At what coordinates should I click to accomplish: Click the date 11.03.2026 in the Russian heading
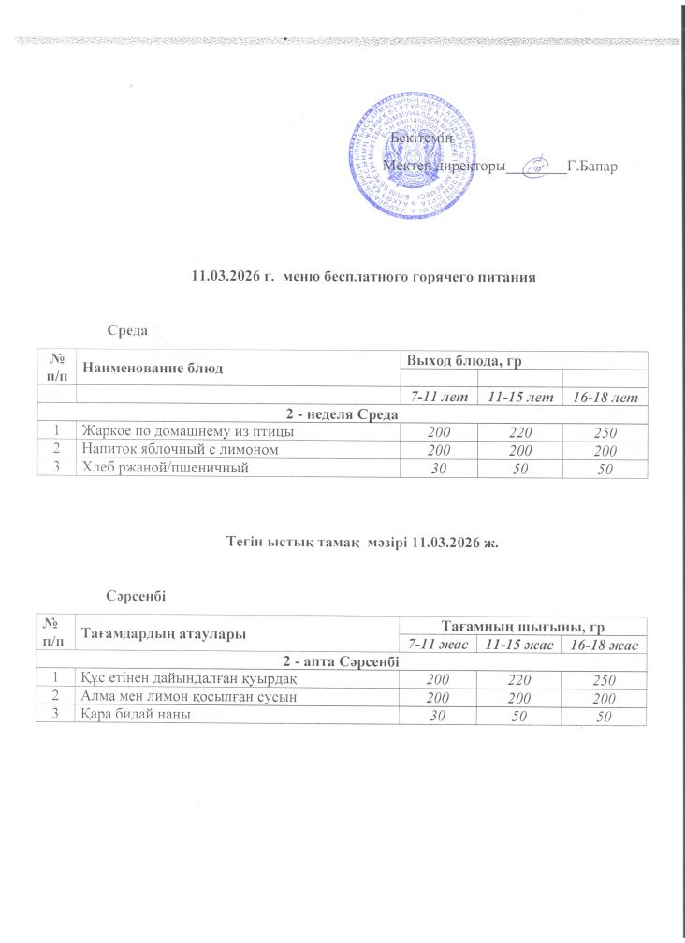point(226,277)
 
